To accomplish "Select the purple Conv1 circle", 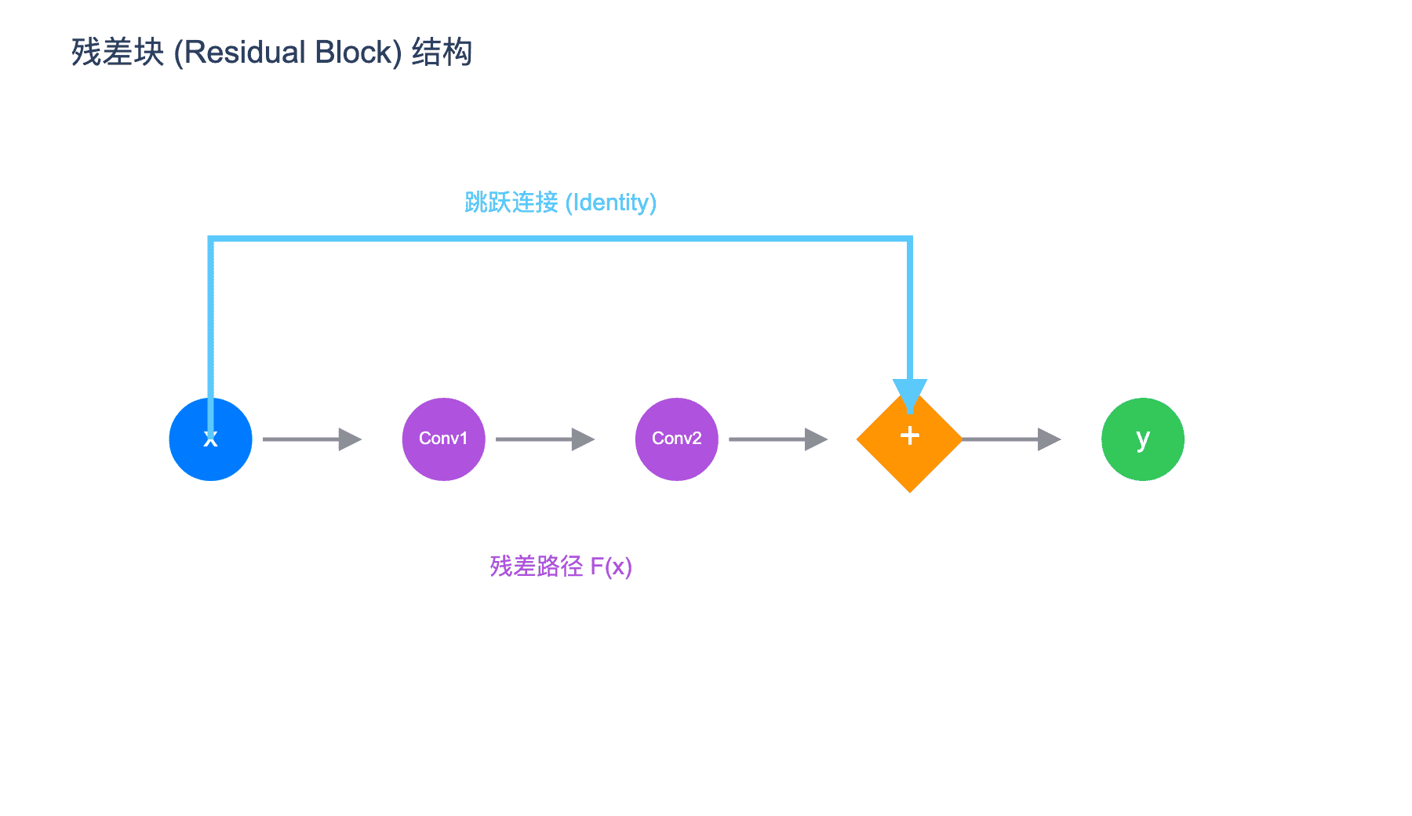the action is [x=443, y=439].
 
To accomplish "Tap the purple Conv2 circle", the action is [x=676, y=439].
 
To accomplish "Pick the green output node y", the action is [x=1142, y=439].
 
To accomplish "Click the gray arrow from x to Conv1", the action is [x=312, y=439].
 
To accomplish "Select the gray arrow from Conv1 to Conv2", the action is [x=545, y=439].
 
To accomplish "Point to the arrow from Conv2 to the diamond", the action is [x=778, y=439].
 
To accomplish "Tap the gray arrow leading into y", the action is [x=1011, y=439].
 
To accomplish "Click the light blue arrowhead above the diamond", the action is [x=909, y=395].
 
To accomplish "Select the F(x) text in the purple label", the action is [x=611, y=566].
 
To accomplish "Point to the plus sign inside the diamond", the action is [x=909, y=435].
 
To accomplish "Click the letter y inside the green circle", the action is [x=1143, y=439].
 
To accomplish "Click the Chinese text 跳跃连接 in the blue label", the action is [x=511, y=202].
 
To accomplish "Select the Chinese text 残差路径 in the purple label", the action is [x=537, y=566].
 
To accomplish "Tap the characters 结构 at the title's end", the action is [x=442, y=53].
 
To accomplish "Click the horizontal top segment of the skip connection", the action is [x=560, y=238].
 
